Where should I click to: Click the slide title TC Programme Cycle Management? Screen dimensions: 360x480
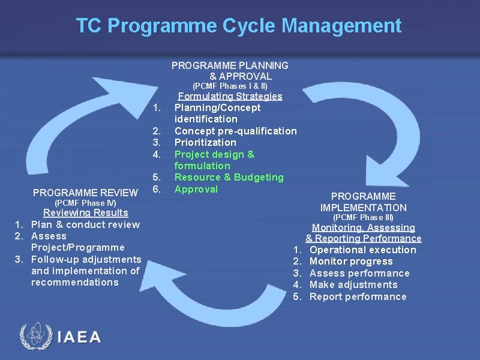click(238, 26)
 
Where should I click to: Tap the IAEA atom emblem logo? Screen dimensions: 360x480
click(35, 337)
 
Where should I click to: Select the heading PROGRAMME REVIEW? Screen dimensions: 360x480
click(85, 193)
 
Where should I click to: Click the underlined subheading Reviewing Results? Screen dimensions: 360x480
click(85, 213)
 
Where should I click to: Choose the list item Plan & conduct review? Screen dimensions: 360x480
click(85, 224)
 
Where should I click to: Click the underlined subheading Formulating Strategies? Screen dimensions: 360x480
click(230, 96)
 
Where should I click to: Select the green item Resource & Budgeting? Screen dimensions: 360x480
click(229, 177)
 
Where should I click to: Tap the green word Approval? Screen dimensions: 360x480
click(196, 189)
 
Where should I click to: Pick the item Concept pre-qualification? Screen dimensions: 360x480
click(235, 131)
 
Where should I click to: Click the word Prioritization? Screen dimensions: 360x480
click(205, 142)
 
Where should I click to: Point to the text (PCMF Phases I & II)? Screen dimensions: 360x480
click(230, 86)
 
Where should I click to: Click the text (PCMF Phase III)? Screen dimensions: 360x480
click(363, 217)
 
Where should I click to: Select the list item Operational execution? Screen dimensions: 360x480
click(362, 250)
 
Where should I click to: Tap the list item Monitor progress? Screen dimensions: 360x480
click(351, 262)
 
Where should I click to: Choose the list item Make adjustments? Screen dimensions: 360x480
click(353, 285)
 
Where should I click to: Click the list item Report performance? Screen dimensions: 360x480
click(358, 296)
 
